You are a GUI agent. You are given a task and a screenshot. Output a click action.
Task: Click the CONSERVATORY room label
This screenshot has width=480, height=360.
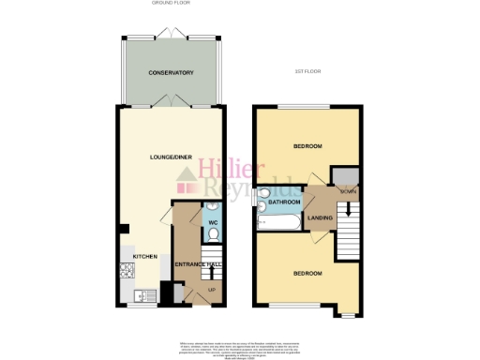[171, 72]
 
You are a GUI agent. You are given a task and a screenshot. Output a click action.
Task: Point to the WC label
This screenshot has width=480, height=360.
[213, 222]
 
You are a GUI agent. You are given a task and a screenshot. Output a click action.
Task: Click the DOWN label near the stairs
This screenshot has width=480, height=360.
[347, 191]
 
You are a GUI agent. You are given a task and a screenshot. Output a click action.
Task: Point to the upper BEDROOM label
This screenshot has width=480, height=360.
[307, 146]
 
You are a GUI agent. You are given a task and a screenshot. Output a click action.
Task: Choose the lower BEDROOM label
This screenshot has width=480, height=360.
[307, 273]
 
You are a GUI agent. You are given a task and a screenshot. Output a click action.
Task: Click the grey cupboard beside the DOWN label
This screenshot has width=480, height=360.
[348, 175]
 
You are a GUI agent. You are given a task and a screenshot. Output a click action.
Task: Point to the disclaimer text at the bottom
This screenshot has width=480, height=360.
[239, 347]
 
